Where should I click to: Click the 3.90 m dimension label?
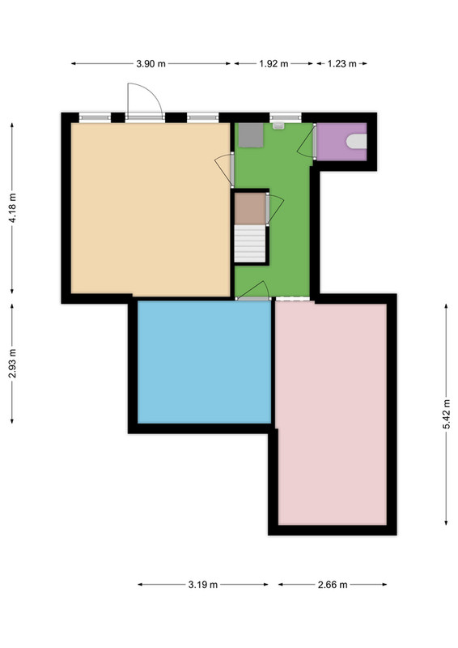(x=151, y=64)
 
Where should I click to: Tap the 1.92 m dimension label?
(x=274, y=64)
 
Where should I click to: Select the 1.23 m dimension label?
(x=342, y=64)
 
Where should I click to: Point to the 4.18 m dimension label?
(x=12, y=208)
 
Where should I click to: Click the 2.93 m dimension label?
(x=12, y=364)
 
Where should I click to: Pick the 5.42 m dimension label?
(x=447, y=414)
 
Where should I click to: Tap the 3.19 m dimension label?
(x=203, y=584)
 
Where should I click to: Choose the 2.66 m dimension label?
(x=333, y=584)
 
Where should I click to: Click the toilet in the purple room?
(x=356, y=141)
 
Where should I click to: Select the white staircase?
(x=250, y=244)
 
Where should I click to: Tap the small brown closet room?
(x=250, y=209)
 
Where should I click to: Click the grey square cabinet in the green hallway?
(x=251, y=134)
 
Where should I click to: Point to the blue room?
(x=204, y=361)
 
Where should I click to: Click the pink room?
(x=332, y=413)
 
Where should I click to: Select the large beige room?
(x=151, y=209)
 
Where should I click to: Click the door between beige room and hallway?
(x=226, y=169)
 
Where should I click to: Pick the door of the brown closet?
(x=274, y=209)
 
